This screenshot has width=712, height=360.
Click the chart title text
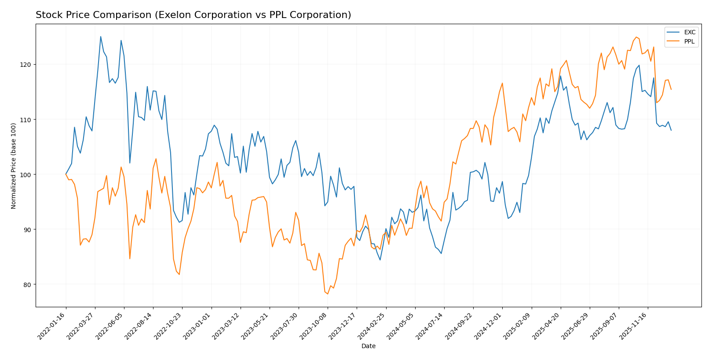click(x=193, y=15)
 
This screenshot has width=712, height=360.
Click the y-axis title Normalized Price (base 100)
click(x=14, y=166)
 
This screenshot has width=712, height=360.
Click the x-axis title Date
click(x=368, y=346)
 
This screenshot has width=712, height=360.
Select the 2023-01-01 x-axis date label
click(x=198, y=326)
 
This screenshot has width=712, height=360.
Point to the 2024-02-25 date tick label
click(x=372, y=326)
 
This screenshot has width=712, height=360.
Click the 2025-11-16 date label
click(x=634, y=326)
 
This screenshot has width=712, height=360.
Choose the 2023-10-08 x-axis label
click(x=314, y=326)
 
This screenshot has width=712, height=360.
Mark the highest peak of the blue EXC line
click(x=100, y=36)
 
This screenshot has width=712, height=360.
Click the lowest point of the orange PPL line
click(x=328, y=294)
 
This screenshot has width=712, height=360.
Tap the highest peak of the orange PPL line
click(x=636, y=37)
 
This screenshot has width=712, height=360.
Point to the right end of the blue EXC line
click(x=671, y=130)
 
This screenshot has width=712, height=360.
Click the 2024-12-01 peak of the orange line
click(x=502, y=83)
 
